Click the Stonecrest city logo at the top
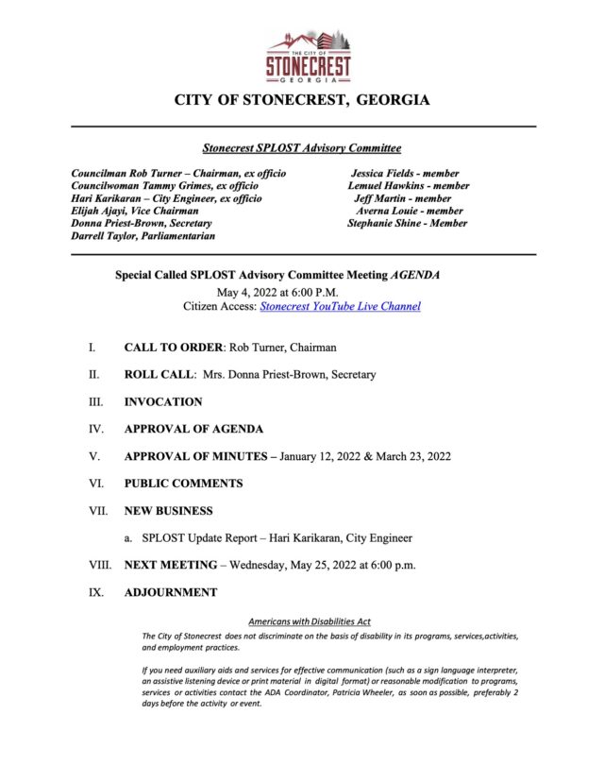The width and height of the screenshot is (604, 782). coord(308,58)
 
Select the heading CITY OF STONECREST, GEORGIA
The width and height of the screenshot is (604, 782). coord(302,100)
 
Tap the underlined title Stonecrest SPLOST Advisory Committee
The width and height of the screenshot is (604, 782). coord(302,148)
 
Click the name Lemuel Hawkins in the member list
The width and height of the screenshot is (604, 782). coord(382,186)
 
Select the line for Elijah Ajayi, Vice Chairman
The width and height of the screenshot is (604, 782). coord(135,212)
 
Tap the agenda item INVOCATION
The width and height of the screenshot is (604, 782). coord(163,402)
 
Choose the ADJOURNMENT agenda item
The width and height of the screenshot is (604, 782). coord(171,593)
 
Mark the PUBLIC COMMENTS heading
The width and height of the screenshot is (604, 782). coord(183,484)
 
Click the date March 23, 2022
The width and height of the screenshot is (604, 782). coord(411,456)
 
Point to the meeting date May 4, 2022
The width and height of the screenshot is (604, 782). coord(247,292)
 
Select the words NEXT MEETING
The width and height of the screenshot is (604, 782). coord(167,566)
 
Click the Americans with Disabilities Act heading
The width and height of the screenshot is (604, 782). coord(310,621)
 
